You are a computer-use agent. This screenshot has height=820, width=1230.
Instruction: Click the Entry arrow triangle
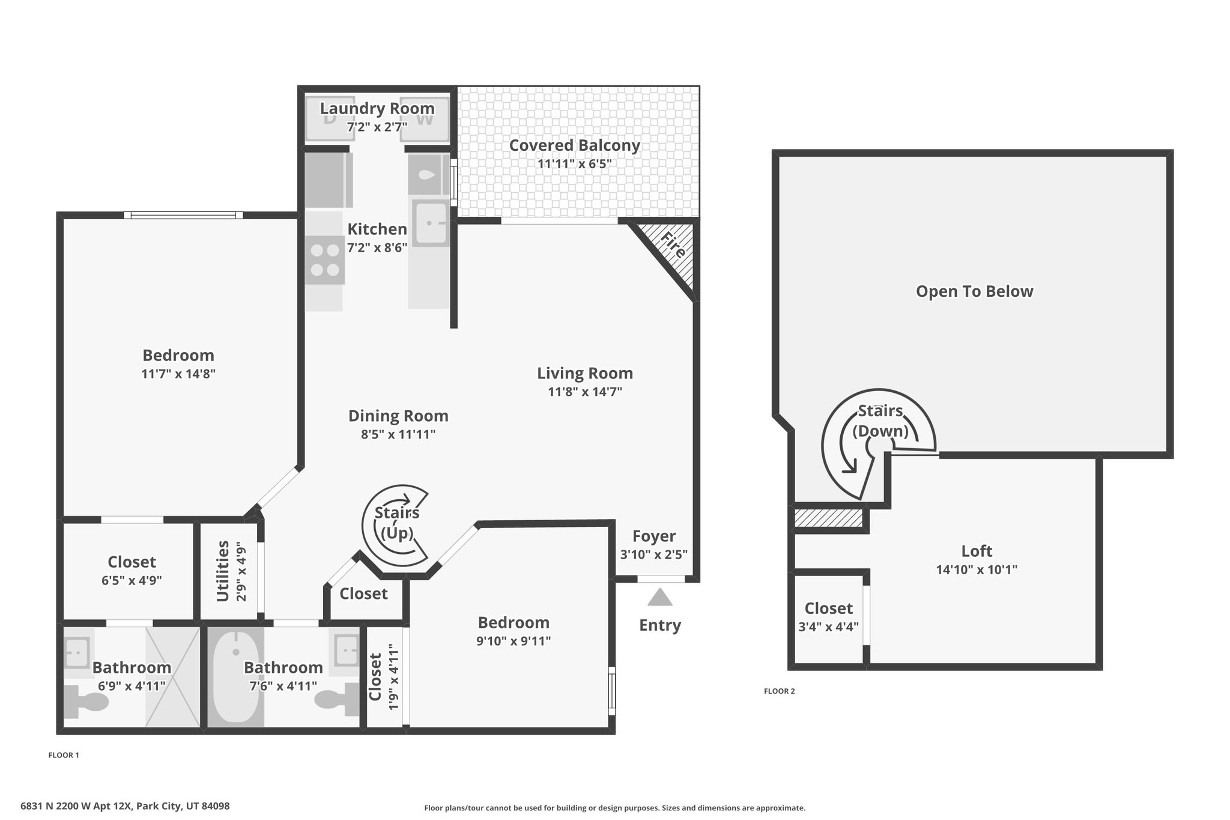pos(660,597)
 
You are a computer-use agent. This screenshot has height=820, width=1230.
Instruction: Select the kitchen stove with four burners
pos(325,260)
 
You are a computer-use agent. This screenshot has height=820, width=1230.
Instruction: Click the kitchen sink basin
pos(431,223)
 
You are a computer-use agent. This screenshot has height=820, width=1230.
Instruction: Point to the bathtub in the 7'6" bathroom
pos(235,677)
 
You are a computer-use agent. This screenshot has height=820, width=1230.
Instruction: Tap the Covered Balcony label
pos(575,145)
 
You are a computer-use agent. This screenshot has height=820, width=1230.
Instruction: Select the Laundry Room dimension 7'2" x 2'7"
pos(377,127)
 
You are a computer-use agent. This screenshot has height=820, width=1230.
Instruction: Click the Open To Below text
pos(974,291)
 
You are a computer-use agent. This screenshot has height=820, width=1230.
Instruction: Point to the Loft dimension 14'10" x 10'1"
pos(977,569)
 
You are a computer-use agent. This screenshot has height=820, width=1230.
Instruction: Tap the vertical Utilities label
pos(223,571)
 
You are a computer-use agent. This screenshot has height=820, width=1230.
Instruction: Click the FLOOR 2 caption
pos(779,691)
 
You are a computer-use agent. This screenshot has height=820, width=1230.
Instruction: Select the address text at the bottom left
pos(125,806)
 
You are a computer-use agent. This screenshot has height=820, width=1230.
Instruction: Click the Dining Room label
pos(398,416)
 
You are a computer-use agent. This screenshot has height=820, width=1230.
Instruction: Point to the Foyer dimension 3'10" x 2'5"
pos(654,554)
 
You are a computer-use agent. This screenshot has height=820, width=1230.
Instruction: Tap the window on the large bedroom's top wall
pos(183,215)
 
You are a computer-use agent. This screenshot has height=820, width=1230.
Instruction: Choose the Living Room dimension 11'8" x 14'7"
pos(585,392)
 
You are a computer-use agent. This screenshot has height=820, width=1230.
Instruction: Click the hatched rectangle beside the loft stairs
pos(829,518)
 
